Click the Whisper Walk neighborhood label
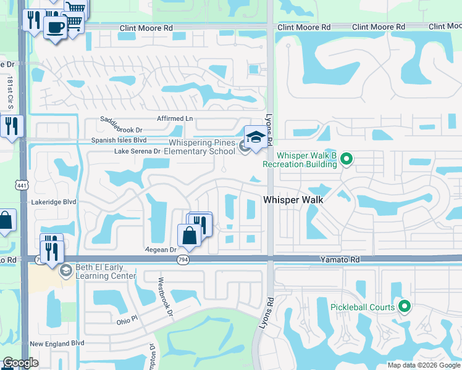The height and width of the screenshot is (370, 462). click(x=293, y=200)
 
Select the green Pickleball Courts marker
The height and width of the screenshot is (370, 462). click(x=405, y=306)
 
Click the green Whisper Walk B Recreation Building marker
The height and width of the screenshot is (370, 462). click(x=346, y=159)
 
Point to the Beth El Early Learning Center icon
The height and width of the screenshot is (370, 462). click(x=65, y=270)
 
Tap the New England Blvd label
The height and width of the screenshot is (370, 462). click(x=56, y=343)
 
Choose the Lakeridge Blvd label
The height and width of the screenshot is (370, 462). click(x=54, y=202)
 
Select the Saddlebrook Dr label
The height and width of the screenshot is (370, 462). click(x=122, y=130)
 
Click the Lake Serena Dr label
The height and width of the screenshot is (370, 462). click(x=138, y=151)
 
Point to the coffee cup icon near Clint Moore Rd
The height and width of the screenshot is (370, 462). click(x=55, y=27)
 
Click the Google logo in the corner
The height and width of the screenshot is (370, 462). click(x=20, y=363)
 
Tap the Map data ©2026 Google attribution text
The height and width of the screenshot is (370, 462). click(x=423, y=365)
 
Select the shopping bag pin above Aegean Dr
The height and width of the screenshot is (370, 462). click(x=188, y=236)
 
